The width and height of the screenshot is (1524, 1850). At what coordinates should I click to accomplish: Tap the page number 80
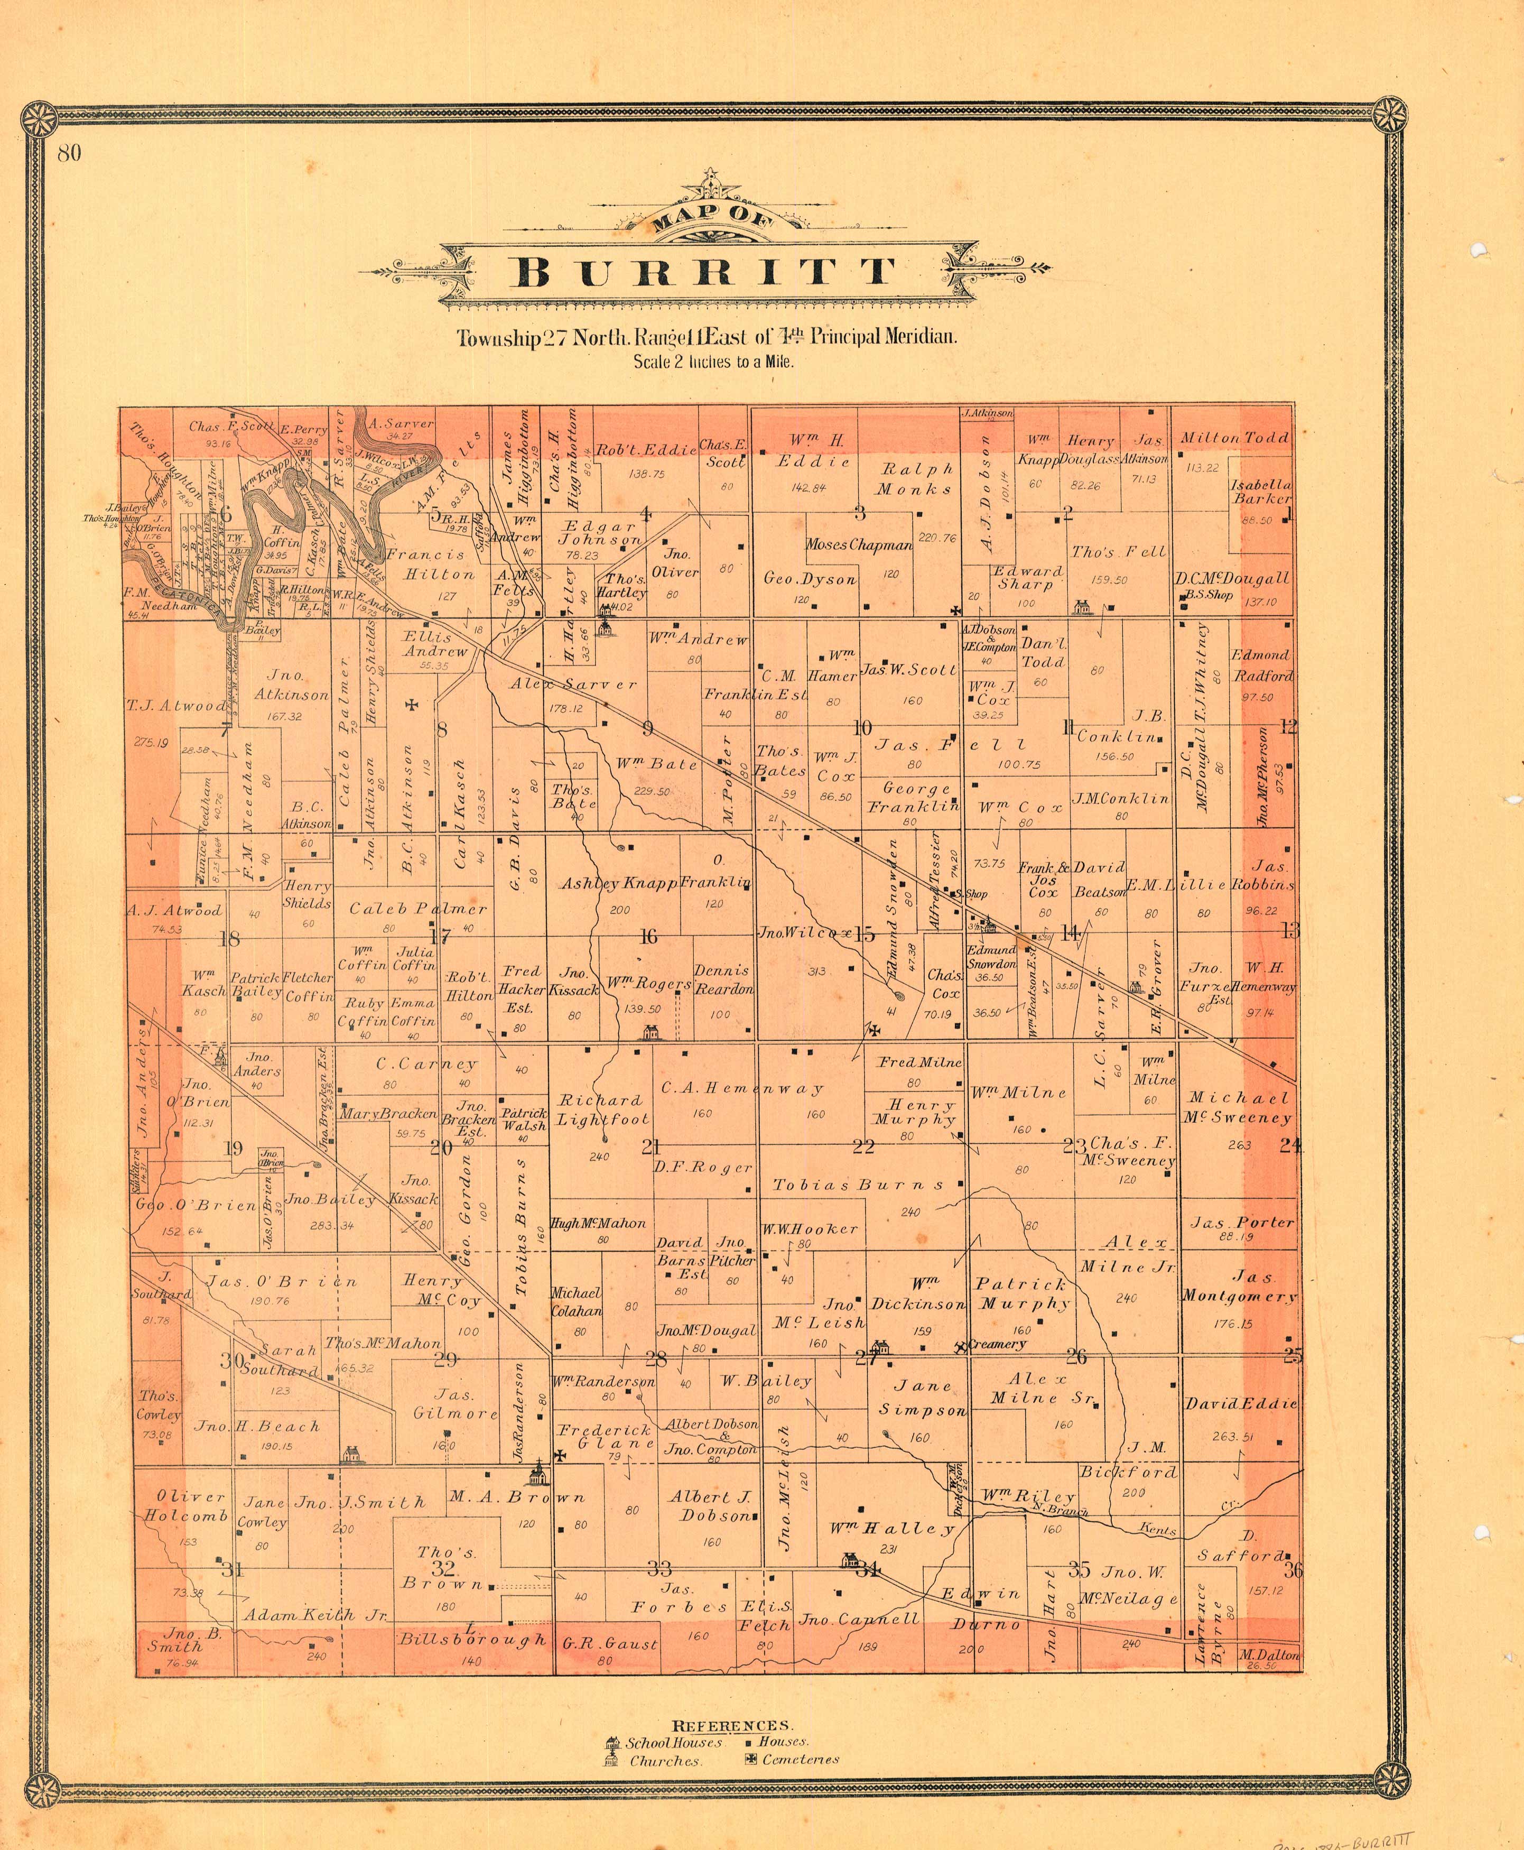69,153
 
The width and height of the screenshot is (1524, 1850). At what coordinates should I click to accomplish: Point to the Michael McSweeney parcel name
1239,1107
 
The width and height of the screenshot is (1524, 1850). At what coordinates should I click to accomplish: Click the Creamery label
997,1344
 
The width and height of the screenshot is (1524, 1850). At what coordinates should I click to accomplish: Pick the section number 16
648,937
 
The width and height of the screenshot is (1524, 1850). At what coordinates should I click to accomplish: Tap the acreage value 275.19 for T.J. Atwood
151,742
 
